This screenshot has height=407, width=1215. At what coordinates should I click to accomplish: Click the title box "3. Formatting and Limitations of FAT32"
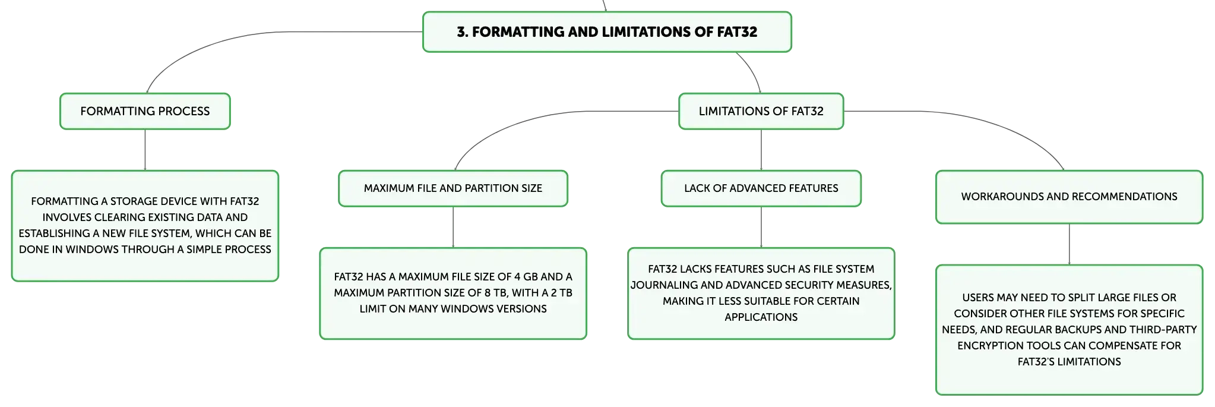point(607,31)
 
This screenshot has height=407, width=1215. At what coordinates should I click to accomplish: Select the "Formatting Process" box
point(145,111)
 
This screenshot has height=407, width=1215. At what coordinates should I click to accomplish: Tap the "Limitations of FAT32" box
point(761,111)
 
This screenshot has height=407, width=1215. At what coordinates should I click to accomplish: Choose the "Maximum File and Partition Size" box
point(453,188)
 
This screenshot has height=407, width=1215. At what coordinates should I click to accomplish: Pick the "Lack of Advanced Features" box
point(761,188)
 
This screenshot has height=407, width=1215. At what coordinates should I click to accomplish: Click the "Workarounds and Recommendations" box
point(1069,197)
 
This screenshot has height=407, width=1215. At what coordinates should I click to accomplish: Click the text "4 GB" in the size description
point(526,277)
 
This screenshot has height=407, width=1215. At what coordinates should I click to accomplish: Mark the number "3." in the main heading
point(463,32)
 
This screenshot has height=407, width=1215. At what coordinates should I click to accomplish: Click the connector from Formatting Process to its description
point(145,150)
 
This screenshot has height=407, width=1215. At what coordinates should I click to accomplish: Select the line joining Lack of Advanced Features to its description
point(761,227)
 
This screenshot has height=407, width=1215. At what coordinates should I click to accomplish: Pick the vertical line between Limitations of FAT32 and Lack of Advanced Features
point(761,150)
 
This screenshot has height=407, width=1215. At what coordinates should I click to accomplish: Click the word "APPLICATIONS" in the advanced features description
point(761,317)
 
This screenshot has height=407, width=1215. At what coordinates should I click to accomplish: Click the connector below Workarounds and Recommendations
point(1069,244)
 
